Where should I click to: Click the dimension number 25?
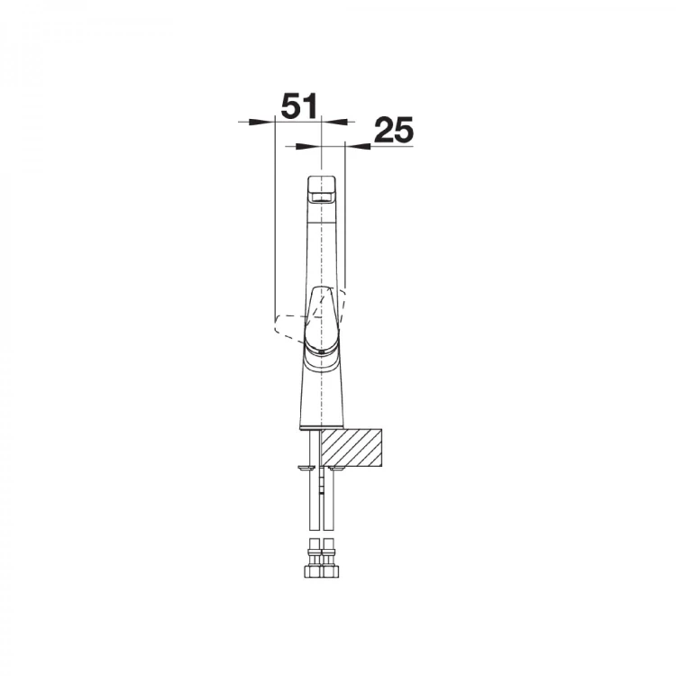coord(394,130)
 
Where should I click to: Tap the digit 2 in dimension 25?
coord(383,130)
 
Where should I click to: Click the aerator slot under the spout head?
coord(321,198)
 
